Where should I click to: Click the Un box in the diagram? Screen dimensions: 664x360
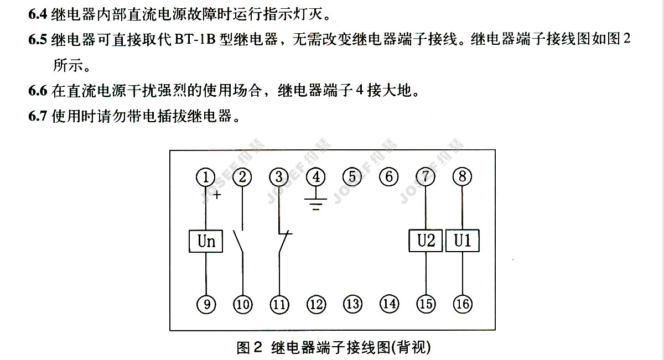[206, 241]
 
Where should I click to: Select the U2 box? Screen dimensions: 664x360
[426, 241]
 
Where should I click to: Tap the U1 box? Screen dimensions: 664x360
[463, 241]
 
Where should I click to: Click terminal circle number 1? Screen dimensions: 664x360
[206, 177]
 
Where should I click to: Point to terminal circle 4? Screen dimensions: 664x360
[316, 177]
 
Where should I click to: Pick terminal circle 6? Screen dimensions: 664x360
[388, 176]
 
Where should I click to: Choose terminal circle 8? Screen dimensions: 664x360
[462, 176]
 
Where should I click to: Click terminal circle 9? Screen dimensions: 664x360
[206, 304]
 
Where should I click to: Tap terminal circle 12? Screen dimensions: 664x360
[316, 304]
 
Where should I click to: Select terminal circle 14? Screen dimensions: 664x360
[389, 304]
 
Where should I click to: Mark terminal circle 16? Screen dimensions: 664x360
[463, 304]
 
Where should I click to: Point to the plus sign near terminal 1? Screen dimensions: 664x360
[217, 195]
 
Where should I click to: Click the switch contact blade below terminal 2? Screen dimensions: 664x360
[238, 242]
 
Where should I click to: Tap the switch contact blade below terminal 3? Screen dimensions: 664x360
[284, 242]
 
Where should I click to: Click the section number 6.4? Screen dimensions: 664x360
[38, 14]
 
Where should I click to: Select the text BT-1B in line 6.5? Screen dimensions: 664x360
[195, 39]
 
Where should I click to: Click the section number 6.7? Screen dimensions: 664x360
[38, 116]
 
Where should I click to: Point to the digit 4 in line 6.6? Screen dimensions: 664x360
[360, 90]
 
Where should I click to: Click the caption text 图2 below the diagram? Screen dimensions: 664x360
[250, 347]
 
